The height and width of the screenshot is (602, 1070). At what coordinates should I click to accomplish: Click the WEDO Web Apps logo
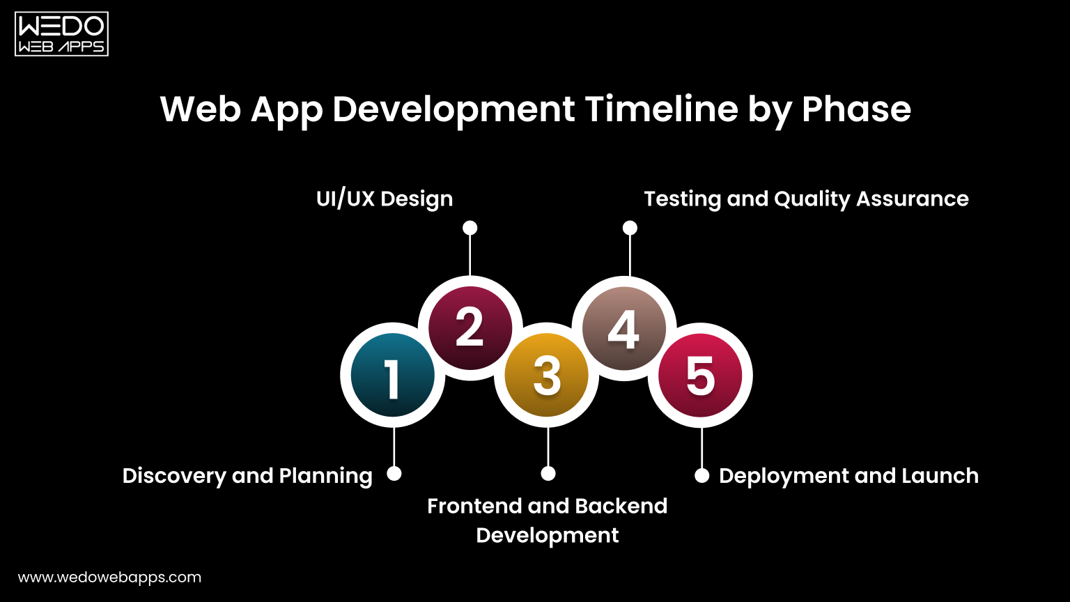click(x=61, y=33)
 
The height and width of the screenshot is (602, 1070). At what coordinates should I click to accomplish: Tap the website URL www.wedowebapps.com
click(x=109, y=578)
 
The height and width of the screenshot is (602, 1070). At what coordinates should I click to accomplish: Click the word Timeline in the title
click(x=660, y=109)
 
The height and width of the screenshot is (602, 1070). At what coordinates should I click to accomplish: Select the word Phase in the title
click(x=856, y=109)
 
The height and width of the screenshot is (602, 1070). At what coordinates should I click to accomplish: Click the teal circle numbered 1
click(x=393, y=376)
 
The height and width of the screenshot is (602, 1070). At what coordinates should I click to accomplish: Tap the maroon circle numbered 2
click(x=470, y=328)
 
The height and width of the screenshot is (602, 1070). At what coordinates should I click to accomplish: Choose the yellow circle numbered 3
click(x=547, y=376)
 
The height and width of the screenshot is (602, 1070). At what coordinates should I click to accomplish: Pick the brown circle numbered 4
click(x=623, y=328)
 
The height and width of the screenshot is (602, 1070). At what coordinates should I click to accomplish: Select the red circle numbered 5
click(x=700, y=376)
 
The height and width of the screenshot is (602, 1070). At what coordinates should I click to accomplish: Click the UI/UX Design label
click(x=385, y=199)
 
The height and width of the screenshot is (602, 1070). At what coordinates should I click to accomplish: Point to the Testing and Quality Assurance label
click(x=806, y=199)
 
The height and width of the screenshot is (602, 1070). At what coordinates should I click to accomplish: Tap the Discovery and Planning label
click(x=247, y=476)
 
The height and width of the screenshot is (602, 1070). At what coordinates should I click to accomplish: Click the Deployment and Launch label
click(x=848, y=476)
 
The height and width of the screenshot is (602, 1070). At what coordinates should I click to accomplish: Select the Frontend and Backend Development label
click(x=548, y=520)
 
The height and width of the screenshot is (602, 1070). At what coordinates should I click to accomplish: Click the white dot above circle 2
click(x=470, y=228)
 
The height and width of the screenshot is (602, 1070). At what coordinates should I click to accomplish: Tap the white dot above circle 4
click(x=630, y=228)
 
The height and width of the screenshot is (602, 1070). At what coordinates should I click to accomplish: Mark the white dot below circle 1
click(x=394, y=474)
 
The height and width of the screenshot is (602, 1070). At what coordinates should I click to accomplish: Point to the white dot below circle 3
click(x=548, y=474)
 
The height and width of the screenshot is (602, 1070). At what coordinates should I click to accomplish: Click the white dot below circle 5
click(x=702, y=476)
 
